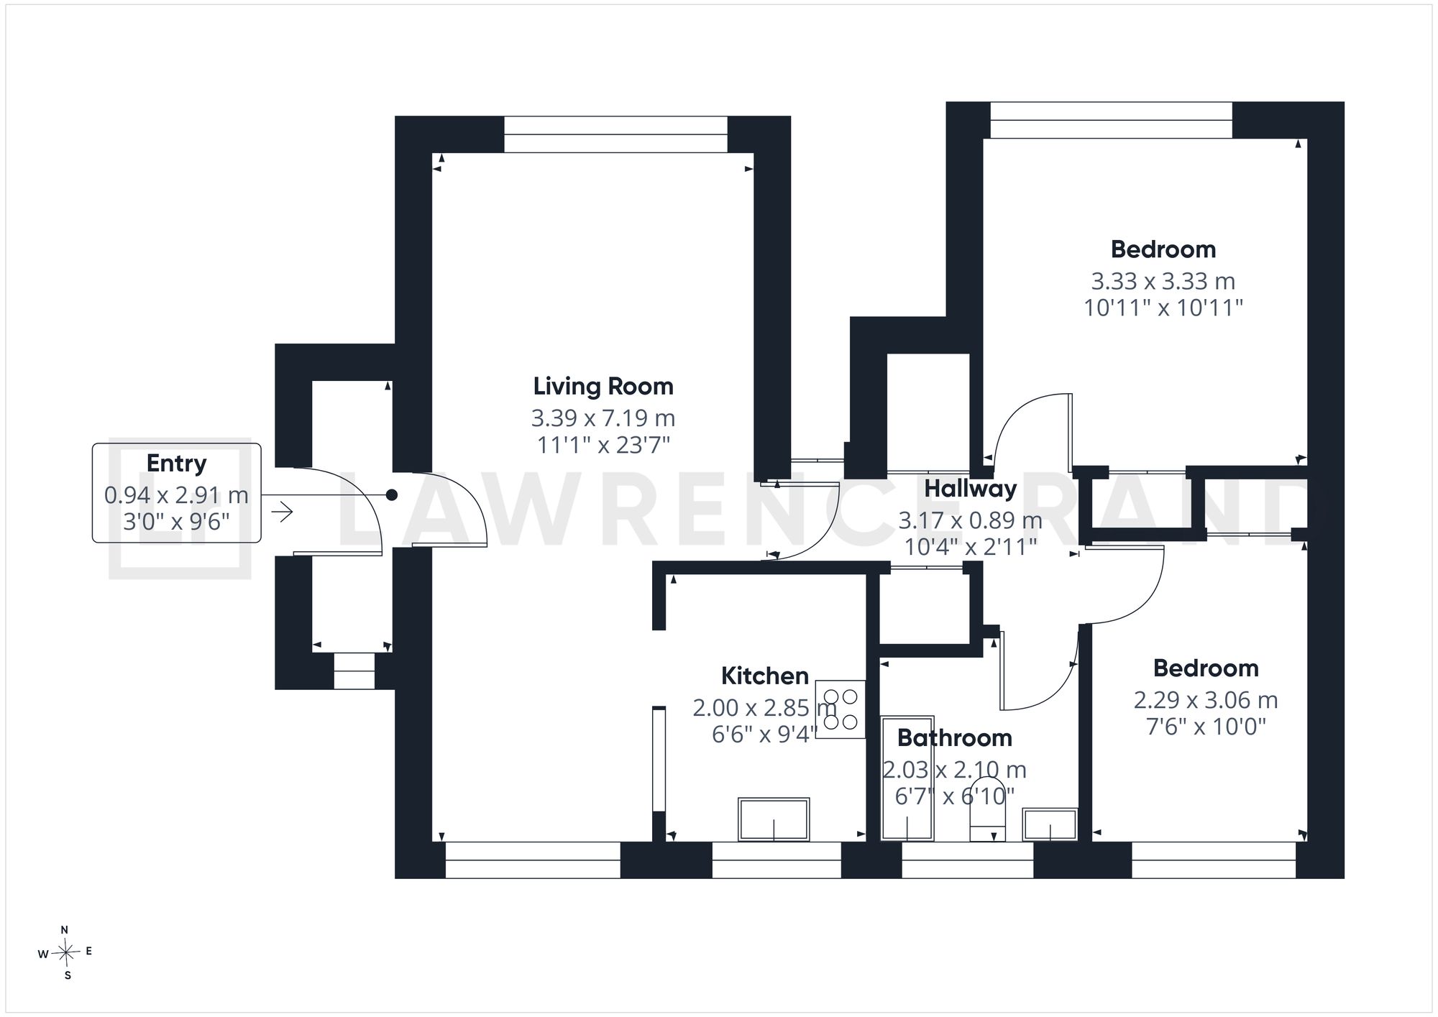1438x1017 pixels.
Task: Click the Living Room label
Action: pyautogui.click(x=603, y=387)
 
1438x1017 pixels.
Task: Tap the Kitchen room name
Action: pyautogui.click(x=765, y=676)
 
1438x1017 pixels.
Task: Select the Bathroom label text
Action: pyautogui.click(x=955, y=738)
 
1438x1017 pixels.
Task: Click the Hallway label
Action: pyautogui.click(x=971, y=489)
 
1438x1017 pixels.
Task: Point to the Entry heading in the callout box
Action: pyautogui.click(x=177, y=464)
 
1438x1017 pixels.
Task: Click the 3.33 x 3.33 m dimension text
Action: pyautogui.click(x=1163, y=281)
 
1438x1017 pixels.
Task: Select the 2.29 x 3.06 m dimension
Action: pyautogui.click(x=1206, y=700)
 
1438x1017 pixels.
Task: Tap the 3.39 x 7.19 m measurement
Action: pyautogui.click(x=603, y=418)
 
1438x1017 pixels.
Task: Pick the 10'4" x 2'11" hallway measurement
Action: pyautogui.click(x=971, y=547)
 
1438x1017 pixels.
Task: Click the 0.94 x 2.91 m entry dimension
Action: pyautogui.click(x=177, y=495)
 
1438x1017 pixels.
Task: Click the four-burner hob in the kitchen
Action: pyautogui.click(x=841, y=709)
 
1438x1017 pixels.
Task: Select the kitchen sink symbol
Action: pyautogui.click(x=774, y=819)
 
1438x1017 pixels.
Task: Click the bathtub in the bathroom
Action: pyautogui.click(x=907, y=778)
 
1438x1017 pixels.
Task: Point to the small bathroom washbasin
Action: pyautogui.click(x=1050, y=824)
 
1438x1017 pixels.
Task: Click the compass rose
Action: pyautogui.click(x=66, y=953)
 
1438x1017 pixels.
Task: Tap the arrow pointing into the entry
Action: pyautogui.click(x=282, y=512)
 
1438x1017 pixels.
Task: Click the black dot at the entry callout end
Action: pyautogui.click(x=392, y=495)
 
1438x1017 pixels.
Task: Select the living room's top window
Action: pyautogui.click(x=616, y=134)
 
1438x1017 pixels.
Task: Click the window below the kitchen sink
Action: pyautogui.click(x=777, y=860)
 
